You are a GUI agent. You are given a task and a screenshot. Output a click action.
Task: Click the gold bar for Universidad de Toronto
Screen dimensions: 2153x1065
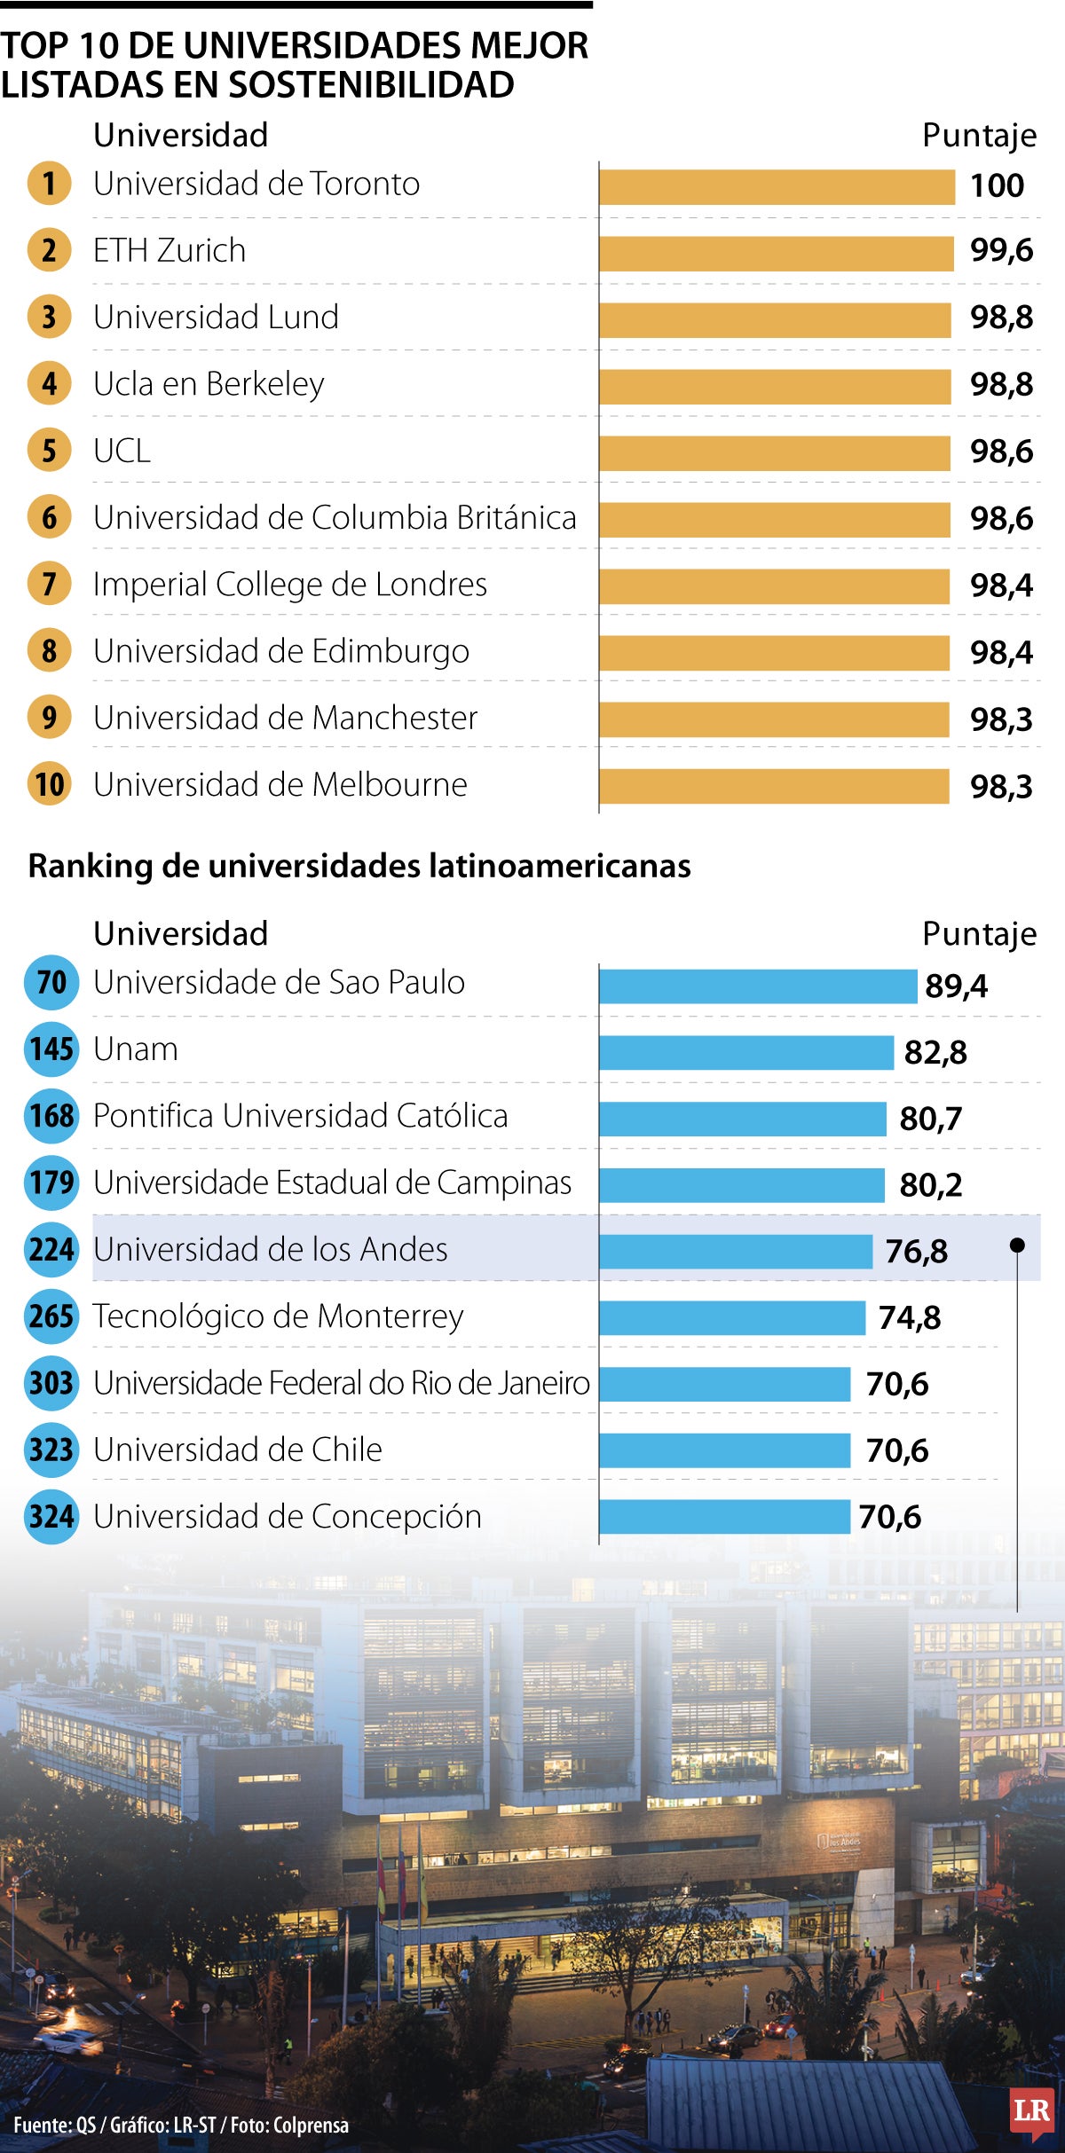777,186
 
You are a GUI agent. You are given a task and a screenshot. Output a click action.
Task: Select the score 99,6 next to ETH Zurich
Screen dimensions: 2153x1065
1001,251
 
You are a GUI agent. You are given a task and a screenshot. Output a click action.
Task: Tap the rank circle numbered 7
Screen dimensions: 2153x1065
49,584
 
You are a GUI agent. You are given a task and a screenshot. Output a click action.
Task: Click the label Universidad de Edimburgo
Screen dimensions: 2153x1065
281,651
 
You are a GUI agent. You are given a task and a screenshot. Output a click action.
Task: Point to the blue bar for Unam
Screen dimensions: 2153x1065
745,1052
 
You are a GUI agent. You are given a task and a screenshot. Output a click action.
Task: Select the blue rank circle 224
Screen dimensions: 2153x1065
51,1249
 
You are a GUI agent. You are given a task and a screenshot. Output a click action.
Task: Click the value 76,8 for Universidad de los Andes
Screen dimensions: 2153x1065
916,1252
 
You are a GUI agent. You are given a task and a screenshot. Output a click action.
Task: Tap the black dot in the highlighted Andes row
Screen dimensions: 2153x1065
1017,1245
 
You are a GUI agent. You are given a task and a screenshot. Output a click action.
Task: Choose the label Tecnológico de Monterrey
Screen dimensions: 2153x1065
278,1316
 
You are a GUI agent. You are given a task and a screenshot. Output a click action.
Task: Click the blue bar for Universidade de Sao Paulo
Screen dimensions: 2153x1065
757,986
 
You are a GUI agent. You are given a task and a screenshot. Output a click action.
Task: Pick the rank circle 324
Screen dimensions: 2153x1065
51,1516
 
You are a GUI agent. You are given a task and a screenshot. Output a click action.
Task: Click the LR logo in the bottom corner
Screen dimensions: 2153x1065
1031,2112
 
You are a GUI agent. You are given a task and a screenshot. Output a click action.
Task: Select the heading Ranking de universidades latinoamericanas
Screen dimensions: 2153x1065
359,866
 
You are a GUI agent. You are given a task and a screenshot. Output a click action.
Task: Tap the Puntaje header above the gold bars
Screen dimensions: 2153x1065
979,136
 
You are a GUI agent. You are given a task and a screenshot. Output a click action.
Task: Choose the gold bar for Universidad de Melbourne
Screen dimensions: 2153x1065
774,786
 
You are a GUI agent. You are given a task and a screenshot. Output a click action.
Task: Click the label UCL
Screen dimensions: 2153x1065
122,451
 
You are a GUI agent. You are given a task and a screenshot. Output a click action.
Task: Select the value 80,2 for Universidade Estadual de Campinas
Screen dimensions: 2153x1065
930,1185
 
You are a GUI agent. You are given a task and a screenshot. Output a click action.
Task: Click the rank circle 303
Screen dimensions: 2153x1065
51,1383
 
